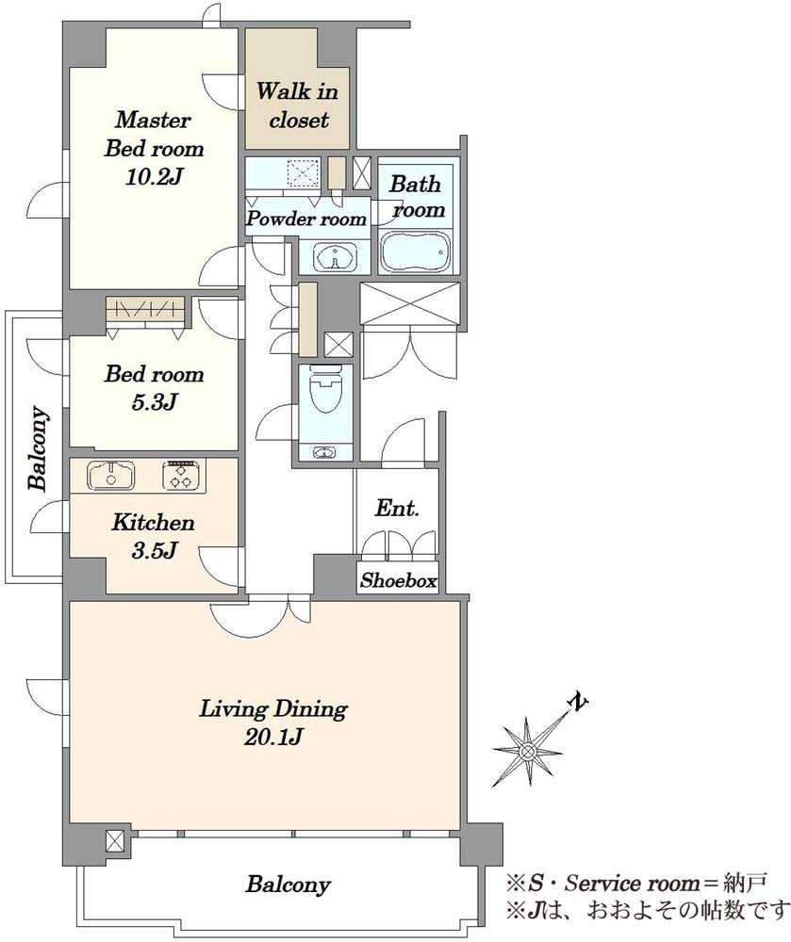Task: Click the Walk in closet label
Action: pyautogui.click(x=298, y=106)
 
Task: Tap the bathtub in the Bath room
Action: pyautogui.click(x=416, y=252)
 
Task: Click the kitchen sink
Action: pyautogui.click(x=111, y=476)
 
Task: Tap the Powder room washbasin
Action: pyautogui.click(x=335, y=258)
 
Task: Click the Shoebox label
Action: pyautogui.click(x=398, y=580)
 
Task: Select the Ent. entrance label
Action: pyautogui.click(x=397, y=509)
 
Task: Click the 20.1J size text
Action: pyautogui.click(x=272, y=737)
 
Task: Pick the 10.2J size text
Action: pyautogui.click(x=154, y=177)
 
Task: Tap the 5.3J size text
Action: pyautogui.click(x=154, y=402)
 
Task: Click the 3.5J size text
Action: pyautogui.click(x=154, y=550)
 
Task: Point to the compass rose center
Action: pyautogui.click(x=528, y=751)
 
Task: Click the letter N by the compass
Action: pyautogui.click(x=578, y=703)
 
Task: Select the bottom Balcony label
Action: pyautogui.click(x=288, y=885)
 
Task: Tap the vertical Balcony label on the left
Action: pyautogui.click(x=38, y=448)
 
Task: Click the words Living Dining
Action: pyautogui.click(x=273, y=709)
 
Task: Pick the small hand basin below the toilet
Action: pyautogui.click(x=325, y=452)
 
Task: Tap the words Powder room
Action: pyautogui.click(x=306, y=219)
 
